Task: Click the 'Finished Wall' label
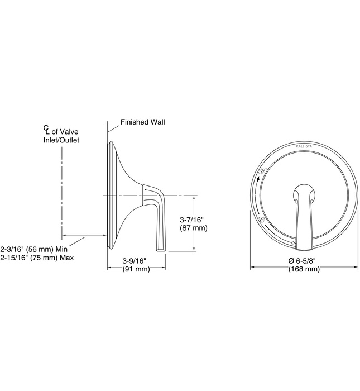click(143, 121)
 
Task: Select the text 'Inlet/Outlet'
click(61, 140)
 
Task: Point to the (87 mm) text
click(191, 228)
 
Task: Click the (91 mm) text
click(136, 269)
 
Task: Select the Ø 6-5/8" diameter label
click(304, 261)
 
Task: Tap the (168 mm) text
click(304, 269)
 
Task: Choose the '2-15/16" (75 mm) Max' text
click(37, 258)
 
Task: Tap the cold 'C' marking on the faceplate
click(262, 221)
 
